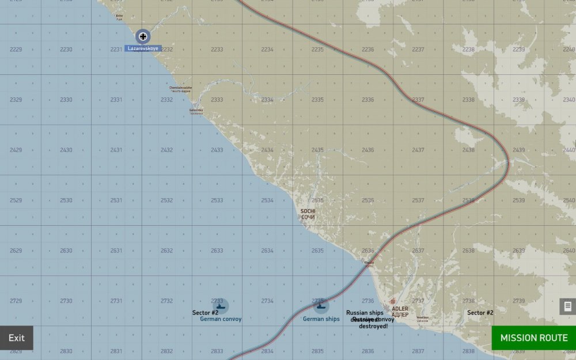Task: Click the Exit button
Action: (x=17, y=338)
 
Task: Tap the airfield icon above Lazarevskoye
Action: (x=143, y=37)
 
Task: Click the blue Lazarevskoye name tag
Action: (x=143, y=48)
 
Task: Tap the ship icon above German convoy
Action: (x=220, y=306)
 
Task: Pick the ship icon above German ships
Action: (x=321, y=306)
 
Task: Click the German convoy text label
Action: (x=221, y=319)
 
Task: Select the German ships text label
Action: (x=321, y=319)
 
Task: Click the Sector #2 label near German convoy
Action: (x=205, y=313)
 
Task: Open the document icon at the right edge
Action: (x=567, y=306)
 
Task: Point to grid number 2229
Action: (x=16, y=50)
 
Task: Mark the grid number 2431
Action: (x=116, y=150)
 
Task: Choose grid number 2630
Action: (x=66, y=251)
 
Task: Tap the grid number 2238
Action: (x=468, y=50)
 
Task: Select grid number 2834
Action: (x=267, y=351)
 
